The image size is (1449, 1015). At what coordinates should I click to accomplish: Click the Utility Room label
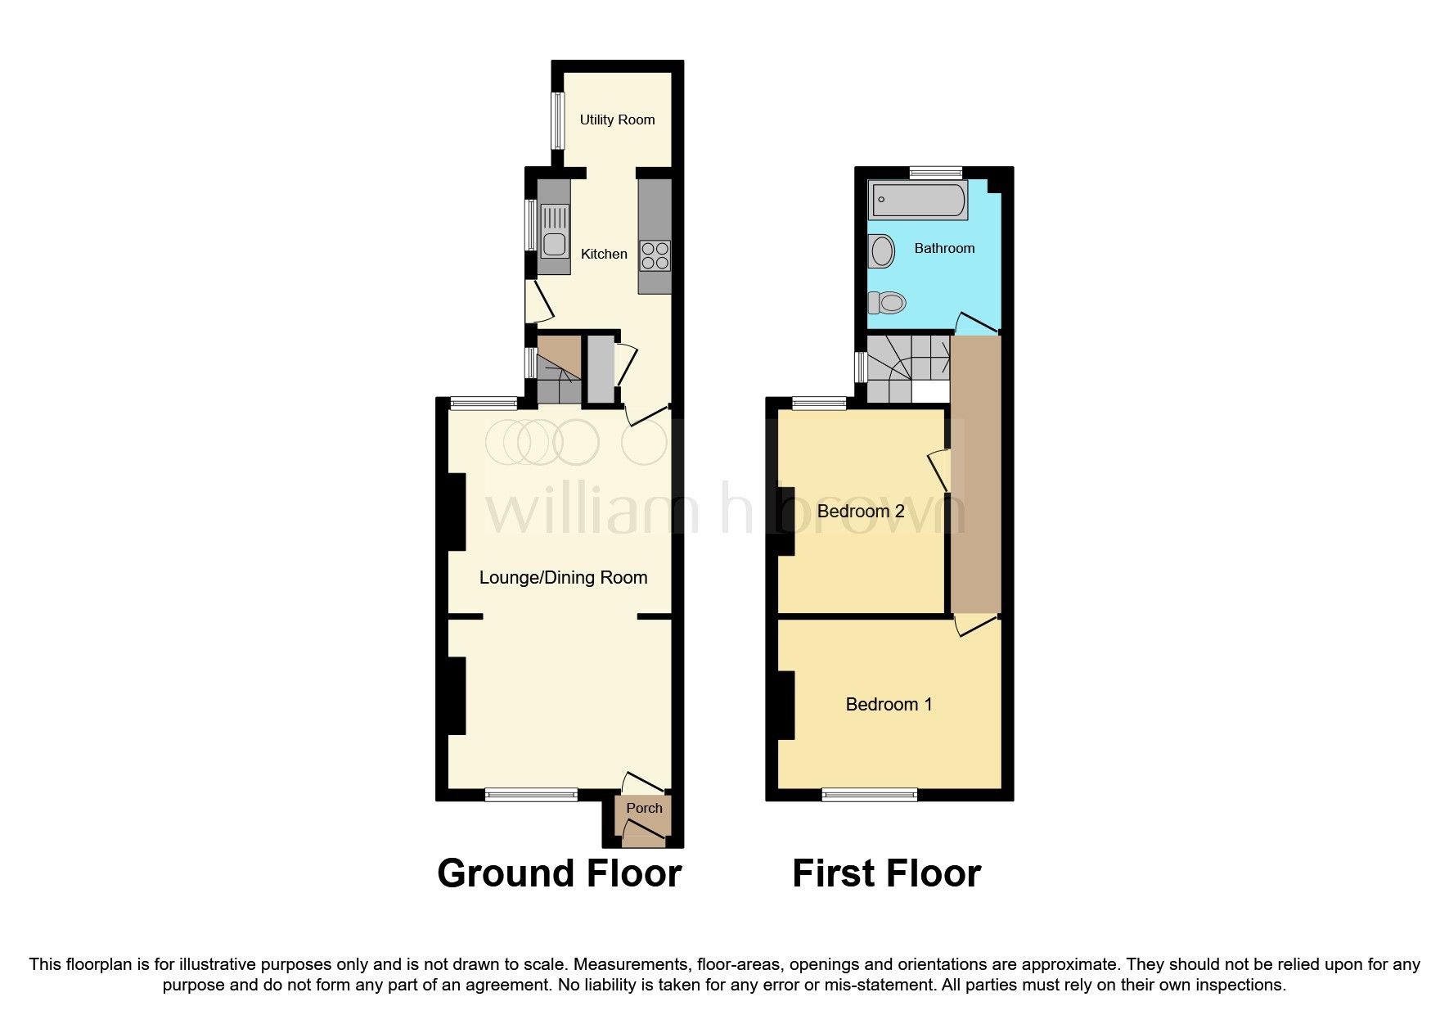[617, 120]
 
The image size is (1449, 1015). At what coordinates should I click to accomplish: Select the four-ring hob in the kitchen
[655, 255]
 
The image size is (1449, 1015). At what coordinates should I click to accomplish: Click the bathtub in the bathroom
[919, 201]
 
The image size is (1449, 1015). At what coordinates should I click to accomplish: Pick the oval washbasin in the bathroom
[882, 250]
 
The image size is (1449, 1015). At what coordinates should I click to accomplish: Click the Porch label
[644, 808]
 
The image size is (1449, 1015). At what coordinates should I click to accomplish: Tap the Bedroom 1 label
[889, 704]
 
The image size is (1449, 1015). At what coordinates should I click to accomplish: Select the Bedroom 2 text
[861, 512]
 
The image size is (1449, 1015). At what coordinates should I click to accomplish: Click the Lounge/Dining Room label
[563, 578]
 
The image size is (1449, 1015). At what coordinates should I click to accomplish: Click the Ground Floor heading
[559, 873]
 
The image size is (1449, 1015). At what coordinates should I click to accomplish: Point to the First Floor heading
[886, 873]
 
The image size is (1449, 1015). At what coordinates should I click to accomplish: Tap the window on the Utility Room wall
[557, 120]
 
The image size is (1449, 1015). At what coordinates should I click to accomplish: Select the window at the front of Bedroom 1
[870, 794]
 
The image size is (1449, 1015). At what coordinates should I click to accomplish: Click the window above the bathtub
[935, 173]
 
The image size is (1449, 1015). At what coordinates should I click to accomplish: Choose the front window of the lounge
[531, 794]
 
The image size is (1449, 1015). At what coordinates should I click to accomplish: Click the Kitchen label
[604, 255]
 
